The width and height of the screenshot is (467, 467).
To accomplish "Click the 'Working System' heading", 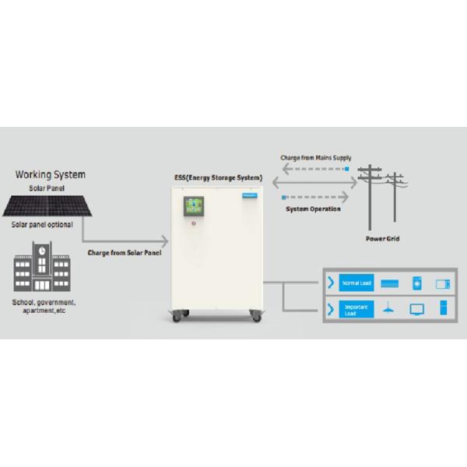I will pyautogui.click(x=51, y=174).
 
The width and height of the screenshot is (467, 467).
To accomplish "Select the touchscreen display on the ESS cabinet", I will pyautogui.click(x=195, y=205).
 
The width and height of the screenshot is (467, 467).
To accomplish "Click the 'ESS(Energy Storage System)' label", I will pyautogui.click(x=218, y=178).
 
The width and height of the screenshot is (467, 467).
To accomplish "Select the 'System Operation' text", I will pyautogui.click(x=314, y=209).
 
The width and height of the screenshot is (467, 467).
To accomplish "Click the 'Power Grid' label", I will pyautogui.click(x=382, y=238).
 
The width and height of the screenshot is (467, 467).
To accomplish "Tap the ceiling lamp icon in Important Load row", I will pyautogui.click(x=387, y=310).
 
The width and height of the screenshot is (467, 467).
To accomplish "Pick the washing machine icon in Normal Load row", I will pyautogui.click(x=416, y=283).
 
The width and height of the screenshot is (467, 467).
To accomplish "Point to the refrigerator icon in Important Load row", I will pyautogui.click(x=444, y=309).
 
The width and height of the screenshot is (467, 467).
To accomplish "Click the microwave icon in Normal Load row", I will pyautogui.click(x=444, y=283).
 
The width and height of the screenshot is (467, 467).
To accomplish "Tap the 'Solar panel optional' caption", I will pyautogui.click(x=42, y=225).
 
